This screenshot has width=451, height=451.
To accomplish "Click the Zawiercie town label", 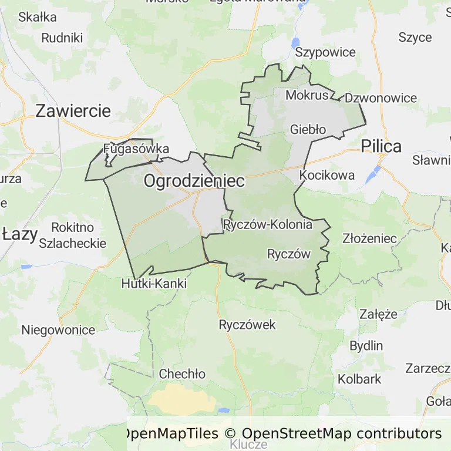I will (73, 111).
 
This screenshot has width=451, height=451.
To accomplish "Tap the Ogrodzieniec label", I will (194, 181).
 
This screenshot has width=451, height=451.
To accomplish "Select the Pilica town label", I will (381, 146).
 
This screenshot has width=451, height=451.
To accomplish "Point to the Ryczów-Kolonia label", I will (268, 224).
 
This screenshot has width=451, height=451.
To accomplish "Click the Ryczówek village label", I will (247, 325).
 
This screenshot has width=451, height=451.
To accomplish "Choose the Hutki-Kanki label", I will (153, 284).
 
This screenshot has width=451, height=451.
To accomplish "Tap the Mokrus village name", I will (307, 95).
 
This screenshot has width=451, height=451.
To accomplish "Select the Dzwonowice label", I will (381, 98).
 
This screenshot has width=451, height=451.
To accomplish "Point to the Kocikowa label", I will (327, 175).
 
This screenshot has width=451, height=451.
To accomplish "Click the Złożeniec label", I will (370, 239).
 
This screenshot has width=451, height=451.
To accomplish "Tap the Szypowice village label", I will (325, 52).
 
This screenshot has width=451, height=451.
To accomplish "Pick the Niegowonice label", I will (58, 329).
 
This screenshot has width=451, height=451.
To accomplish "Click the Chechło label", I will (182, 374).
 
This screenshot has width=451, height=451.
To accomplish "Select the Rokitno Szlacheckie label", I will (73, 235).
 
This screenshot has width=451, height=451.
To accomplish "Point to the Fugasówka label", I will (136, 149).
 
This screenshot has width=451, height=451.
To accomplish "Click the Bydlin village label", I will (366, 345).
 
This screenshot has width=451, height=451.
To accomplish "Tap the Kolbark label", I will (359, 379).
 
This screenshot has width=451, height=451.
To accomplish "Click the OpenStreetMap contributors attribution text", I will (341, 433).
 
